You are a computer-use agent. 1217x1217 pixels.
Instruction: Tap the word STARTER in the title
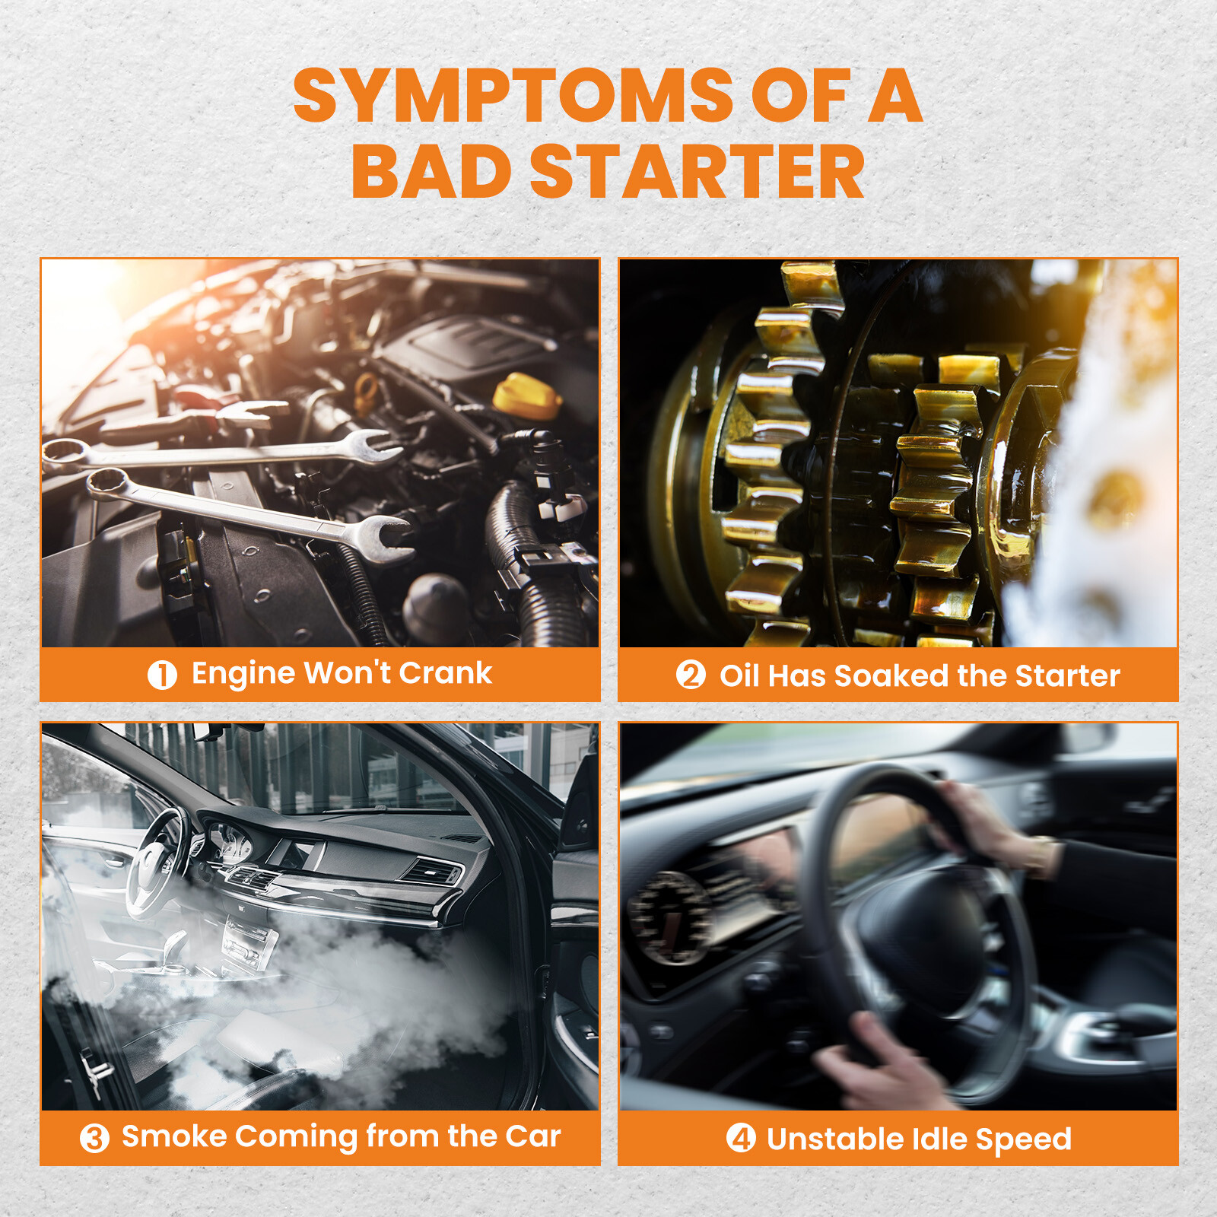(697, 172)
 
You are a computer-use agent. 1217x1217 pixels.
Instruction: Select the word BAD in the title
(431, 172)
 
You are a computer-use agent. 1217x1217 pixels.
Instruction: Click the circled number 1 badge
(162, 675)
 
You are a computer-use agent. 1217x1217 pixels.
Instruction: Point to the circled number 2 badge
(691, 675)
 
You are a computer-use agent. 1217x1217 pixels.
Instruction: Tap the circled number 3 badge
(94, 1139)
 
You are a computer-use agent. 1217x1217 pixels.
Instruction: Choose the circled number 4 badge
(741, 1139)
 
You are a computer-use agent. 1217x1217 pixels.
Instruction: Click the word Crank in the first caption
(446, 673)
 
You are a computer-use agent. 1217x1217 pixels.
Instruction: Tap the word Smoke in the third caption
(174, 1136)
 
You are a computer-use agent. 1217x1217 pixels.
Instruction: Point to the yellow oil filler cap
(527, 395)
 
